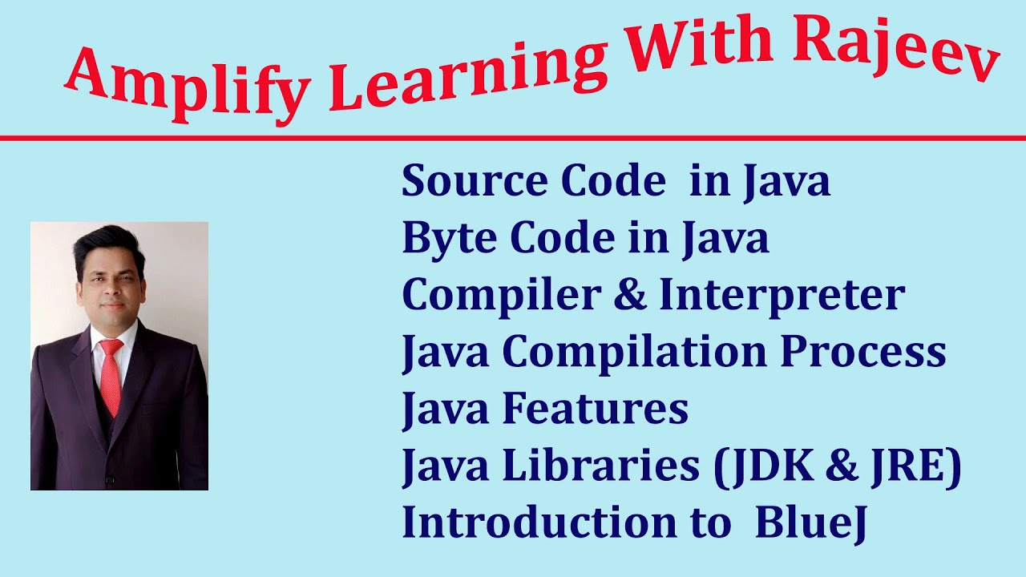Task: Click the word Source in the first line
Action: (x=457, y=182)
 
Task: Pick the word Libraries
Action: (x=600, y=466)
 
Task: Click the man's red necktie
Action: (x=110, y=376)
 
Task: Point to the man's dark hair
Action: (x=108, y=245)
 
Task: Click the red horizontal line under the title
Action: (x=513, y=139)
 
